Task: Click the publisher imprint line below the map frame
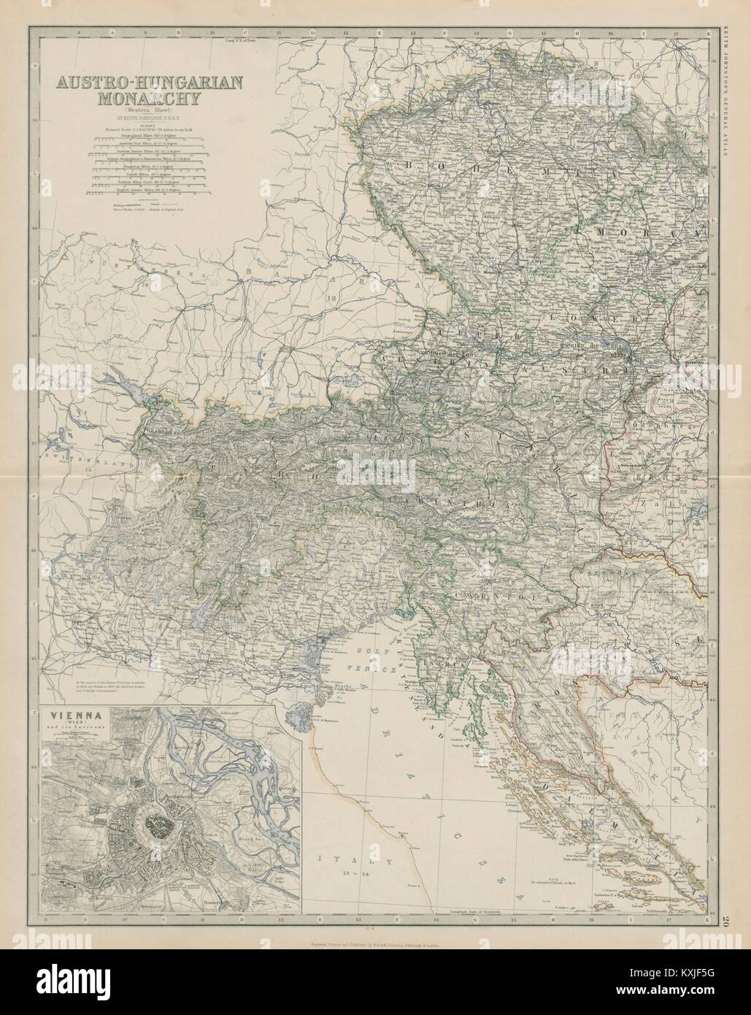(x=374, y=943)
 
